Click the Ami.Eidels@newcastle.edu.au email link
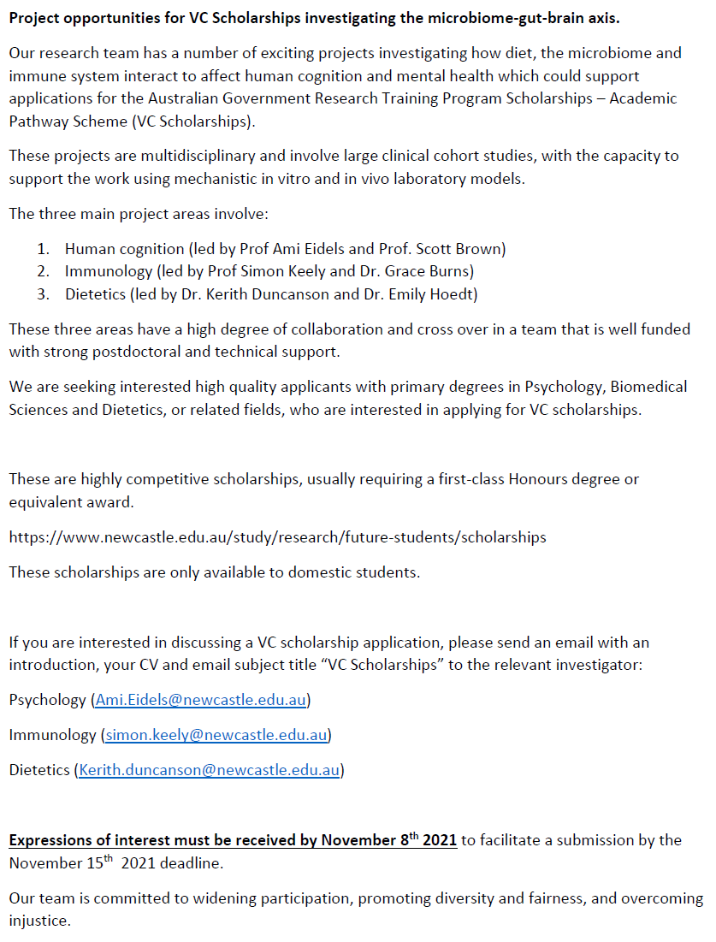[201, 700]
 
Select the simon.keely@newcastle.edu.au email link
[217, 735]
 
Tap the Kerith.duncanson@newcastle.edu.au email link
[210, 770]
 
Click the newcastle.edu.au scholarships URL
[277, 537]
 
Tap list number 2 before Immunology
[42, 271]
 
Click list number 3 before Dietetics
[42, 294]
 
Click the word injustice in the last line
[38, 921]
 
